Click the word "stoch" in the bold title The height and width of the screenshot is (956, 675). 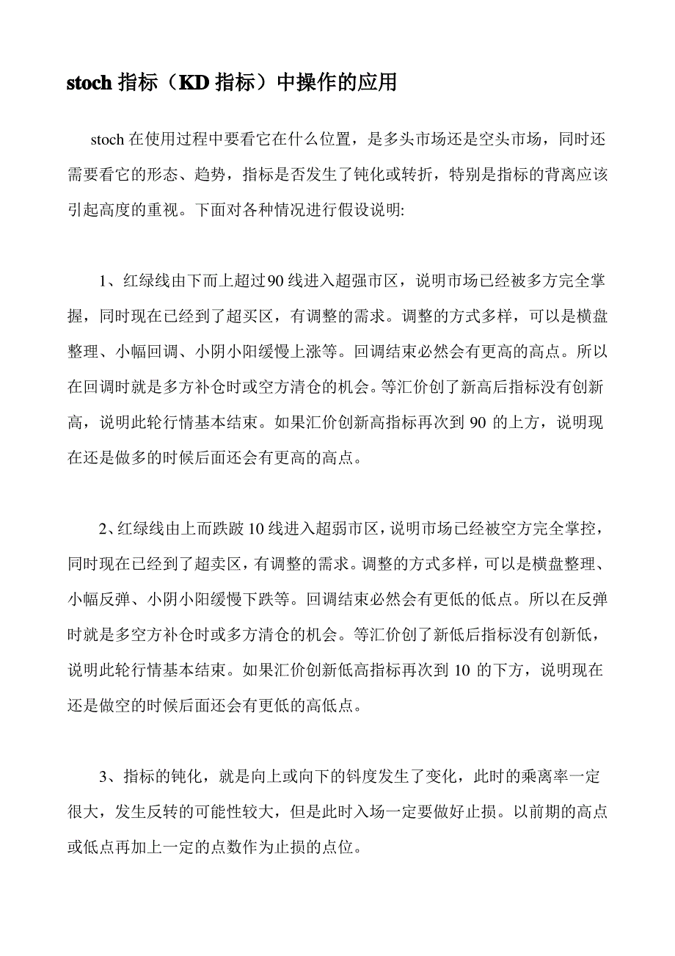coord(88,83)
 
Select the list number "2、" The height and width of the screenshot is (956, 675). coord(107,529)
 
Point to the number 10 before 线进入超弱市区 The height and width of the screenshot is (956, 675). coord(257,529)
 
